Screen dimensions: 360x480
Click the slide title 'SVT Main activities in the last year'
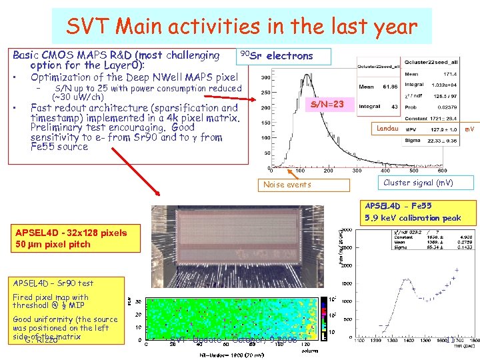[x=241, y=27]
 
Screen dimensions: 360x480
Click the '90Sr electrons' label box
[x=276, y=56]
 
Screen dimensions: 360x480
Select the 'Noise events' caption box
[x=287, y=185]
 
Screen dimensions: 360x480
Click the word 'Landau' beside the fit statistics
[x=387, y=128]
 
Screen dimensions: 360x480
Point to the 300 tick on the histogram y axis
[x=265, y=77]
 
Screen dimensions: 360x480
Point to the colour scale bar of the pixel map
[x=325, y=319]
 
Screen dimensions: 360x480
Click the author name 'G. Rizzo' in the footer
[x=41, y=341]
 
